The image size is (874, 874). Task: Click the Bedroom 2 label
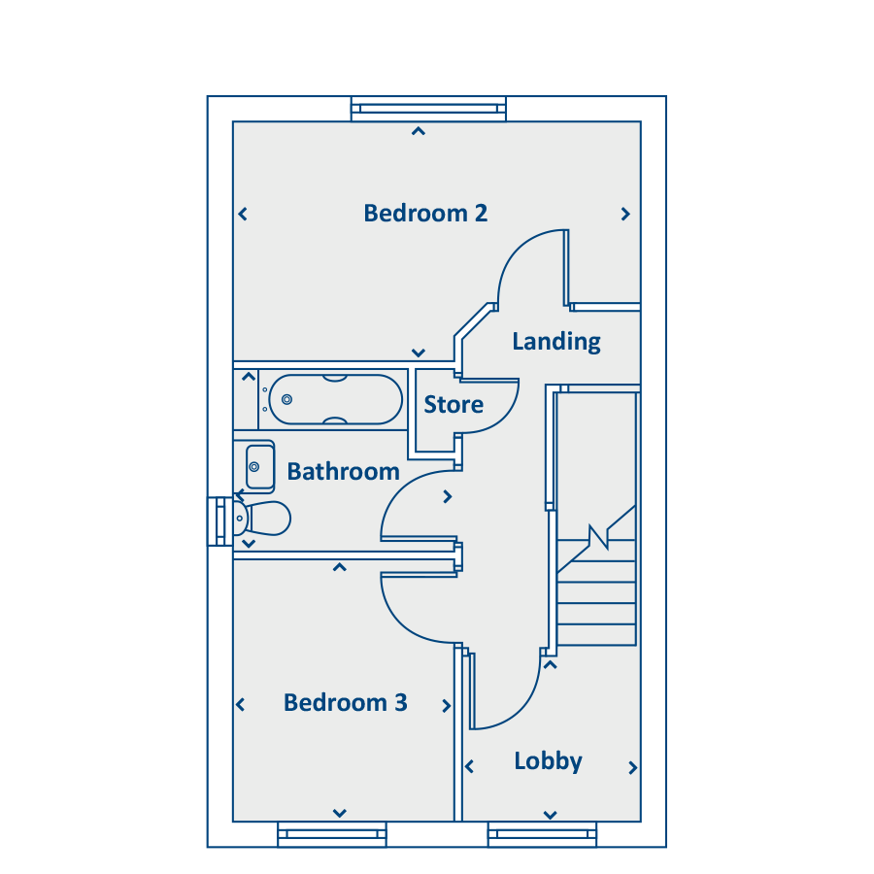[x=425, y=213]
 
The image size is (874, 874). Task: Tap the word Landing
[x=556, y=342]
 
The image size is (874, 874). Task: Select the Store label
[x=454, y=405]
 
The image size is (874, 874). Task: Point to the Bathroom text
[x=344, y=472]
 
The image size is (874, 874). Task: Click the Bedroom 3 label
[x=346, y=702]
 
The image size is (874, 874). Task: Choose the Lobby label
[x=548, y=761]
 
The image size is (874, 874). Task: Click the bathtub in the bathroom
[x=336, y=400]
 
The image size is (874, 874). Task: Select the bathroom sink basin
[x=259, y=466]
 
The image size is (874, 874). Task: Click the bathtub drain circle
[x=287, y=399]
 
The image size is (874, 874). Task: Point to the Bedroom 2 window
[x=428, y=109]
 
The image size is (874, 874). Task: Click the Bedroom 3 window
[x=332, y=834]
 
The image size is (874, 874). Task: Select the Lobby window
[x=542, y=834]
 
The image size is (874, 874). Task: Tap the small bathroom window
[x=220, y=521]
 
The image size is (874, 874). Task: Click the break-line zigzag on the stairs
[x=598, y=537]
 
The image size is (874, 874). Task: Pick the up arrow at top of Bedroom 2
[x=419, y=131]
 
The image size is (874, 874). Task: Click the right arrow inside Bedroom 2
[x=625, y=214]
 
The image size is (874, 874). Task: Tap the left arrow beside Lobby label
[x=469, y=766]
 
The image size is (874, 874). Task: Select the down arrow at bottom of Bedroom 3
[x=340, y=813]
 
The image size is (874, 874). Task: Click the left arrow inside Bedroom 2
[x=243, y=214]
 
